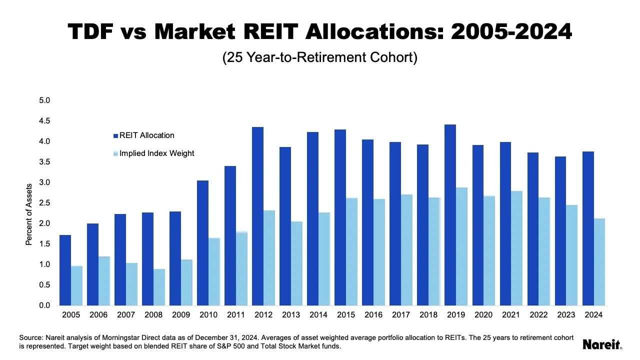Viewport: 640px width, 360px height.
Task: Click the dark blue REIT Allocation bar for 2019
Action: [x=450, y=215]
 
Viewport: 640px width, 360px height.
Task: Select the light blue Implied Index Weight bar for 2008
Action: [x=159, y=287]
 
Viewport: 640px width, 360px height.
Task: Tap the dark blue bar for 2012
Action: [x=257, y=216]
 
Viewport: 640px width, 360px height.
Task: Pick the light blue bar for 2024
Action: [x=599, y=262]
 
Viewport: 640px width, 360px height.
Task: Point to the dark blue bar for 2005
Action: [x=65, y=270]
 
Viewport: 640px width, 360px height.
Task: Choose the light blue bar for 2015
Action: [x=351, y=251]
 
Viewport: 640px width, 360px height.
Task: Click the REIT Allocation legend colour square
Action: [x=115, y=135]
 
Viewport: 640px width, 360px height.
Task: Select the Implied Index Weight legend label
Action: [x=156, y=153]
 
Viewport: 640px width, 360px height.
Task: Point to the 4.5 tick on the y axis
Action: [x=44, y=121]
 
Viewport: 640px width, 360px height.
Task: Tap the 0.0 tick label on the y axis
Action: [x=44, y=305]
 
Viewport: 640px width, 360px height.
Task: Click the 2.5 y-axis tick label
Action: [x=44, y=203]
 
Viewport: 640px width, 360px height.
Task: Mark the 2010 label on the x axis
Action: [x=208, y=315]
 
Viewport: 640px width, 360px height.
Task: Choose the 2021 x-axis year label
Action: [x=511, y=315]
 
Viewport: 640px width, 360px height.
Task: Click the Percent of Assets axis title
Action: [x=29, y=214]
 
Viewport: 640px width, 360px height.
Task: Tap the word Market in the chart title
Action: [x=195, y=31]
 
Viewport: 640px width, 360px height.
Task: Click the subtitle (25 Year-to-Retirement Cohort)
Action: [x=319, y=57]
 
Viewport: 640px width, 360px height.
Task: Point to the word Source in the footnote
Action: [x=30, y=337]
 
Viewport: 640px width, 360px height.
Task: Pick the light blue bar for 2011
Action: [x=241, y=268]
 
